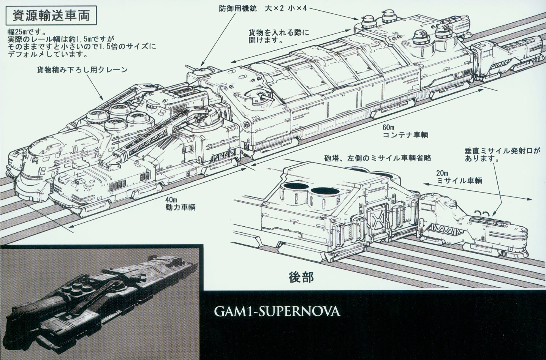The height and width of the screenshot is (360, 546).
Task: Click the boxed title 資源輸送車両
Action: [51, 16]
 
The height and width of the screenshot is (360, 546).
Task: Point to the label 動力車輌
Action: [180, 207]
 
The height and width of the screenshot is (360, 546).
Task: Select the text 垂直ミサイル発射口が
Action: [502, 151]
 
